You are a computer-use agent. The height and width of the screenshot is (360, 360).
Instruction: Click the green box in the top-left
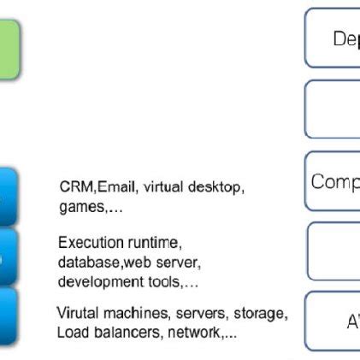tap(9, 50)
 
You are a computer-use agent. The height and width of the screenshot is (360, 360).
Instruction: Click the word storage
tap(257, 313)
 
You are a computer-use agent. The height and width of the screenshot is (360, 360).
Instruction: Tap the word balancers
tap(125, 332)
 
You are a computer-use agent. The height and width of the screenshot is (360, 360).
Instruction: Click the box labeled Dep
tap(333, 38)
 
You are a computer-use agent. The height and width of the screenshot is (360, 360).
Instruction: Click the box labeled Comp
tap(333, 181)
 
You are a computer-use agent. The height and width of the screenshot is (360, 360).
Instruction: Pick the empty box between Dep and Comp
tap(333, 109)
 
